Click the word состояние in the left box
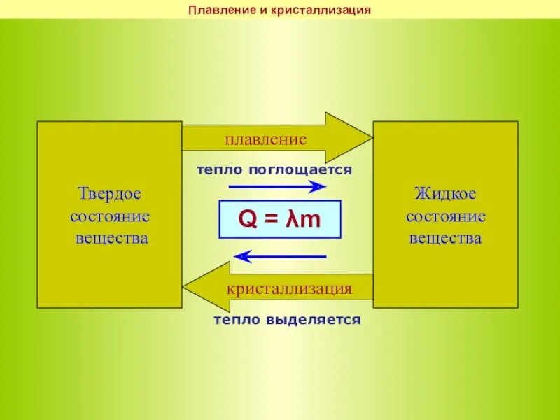pyautogui.click(x=109, y=216)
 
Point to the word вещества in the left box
pyautogui.click(x=112, y=238)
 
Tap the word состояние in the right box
pyautogui.click(x=445, y=216)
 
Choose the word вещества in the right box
pyautogui.click(x=445, y=238)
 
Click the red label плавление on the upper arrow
pyautogui.click(x=265, y=139)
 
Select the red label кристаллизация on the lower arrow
pyautogui.click(x=288, y=288)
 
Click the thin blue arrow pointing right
pyautogui.click(x=277, y=186)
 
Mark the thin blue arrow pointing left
pyautogui.click(x=280, y=257)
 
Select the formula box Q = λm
pyautogui.click(x=280, y=219)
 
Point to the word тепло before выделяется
pyautogui.click(x=237, y=320)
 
